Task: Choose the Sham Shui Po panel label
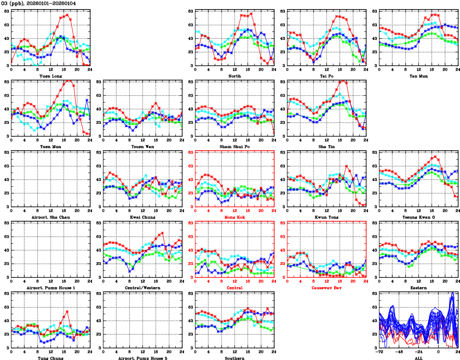234,146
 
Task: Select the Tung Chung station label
50,358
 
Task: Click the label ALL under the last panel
418,358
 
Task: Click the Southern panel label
234,358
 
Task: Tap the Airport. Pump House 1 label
50,288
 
